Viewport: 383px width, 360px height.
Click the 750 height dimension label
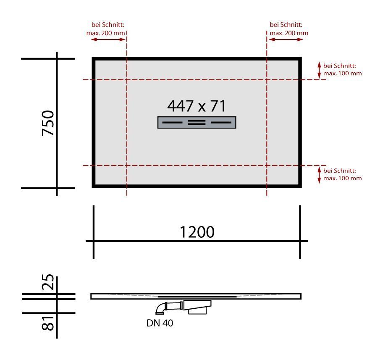[x=48, y=123]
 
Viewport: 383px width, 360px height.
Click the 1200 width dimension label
[x=197, y=232]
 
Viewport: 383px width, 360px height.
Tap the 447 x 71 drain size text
[x=197, y=106]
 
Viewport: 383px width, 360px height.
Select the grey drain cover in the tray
[x=197, y=122]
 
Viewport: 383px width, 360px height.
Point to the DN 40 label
[x=160, y=323]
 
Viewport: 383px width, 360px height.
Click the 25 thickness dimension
[x=48, y=282]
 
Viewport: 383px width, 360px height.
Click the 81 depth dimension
[x=48, y=323]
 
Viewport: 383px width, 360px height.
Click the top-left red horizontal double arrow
[x=108, y=39]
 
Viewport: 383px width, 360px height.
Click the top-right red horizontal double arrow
[x=286, y=39]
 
